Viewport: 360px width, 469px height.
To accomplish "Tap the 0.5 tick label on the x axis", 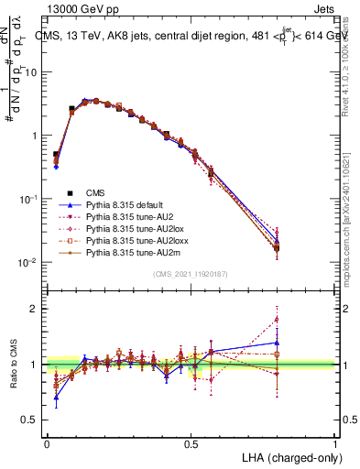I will coord(191,443).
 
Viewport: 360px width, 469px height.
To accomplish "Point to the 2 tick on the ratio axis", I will coord(33,309).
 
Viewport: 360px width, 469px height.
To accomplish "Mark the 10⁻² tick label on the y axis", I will coord(27,263).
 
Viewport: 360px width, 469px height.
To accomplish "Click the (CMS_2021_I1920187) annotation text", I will coord(191,274).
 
